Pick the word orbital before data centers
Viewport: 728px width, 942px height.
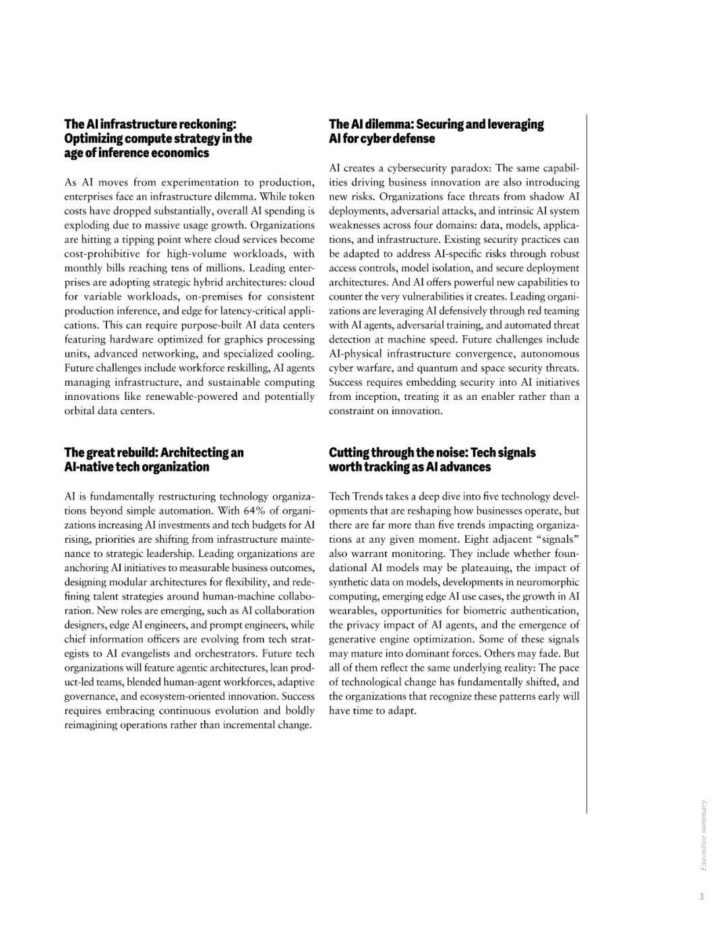81,411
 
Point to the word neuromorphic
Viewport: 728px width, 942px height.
547,582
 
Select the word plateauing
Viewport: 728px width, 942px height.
483,568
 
